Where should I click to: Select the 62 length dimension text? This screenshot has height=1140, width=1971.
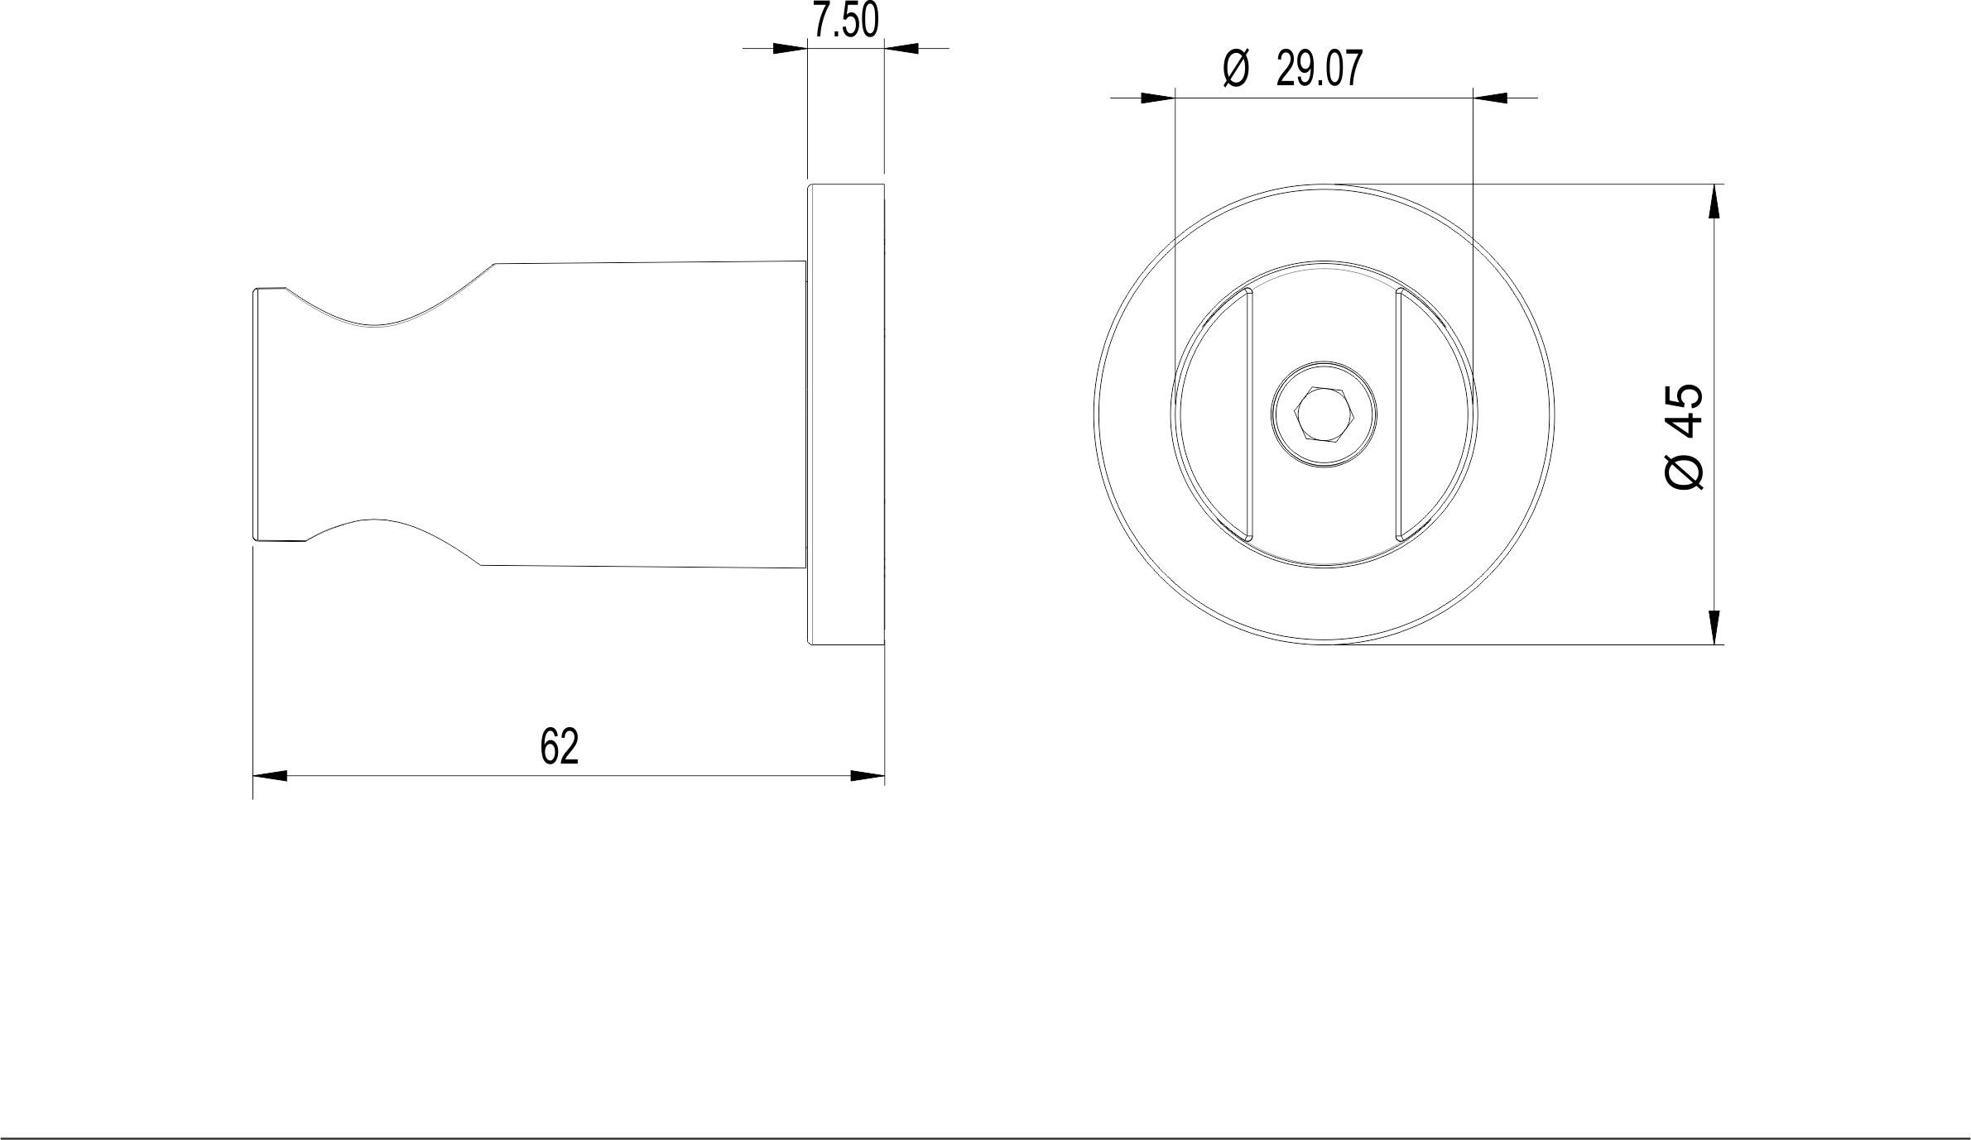[x=559, y=746]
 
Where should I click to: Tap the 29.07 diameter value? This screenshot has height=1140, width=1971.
[x=1320, y=69]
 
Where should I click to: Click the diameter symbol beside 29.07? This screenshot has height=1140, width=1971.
[x=1235, y=69]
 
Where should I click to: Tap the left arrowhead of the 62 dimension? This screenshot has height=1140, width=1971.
[x=270, y=776]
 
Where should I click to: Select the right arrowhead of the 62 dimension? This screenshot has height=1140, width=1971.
[x=868, y=776]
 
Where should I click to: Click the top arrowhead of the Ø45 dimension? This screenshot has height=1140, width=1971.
[x=1714, y=201]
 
